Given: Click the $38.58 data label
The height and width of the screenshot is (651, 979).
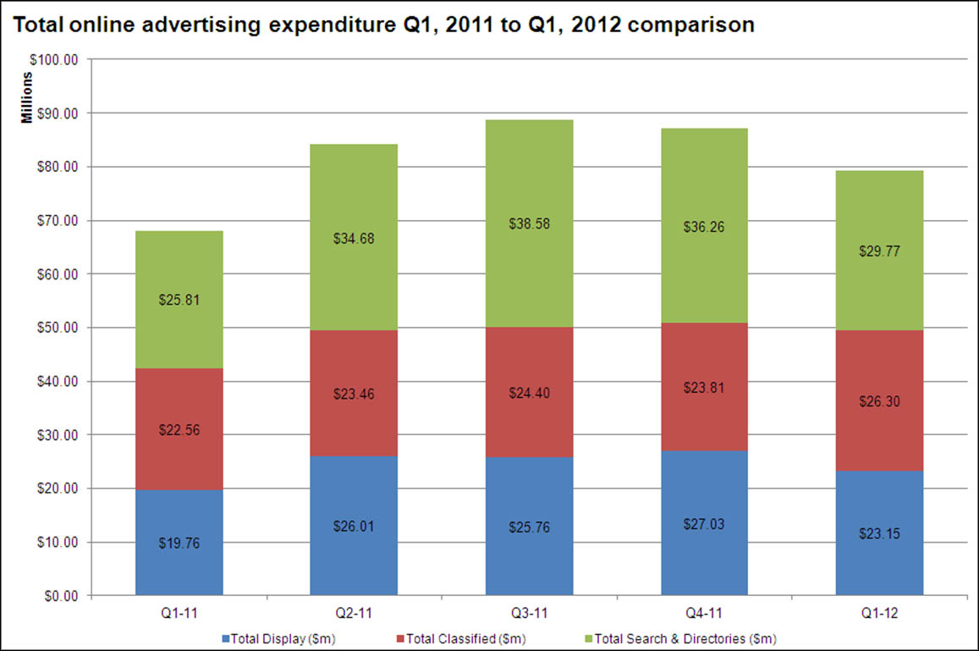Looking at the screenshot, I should click(x=529, y=224).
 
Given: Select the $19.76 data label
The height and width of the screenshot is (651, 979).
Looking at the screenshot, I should click(x=179, y=543).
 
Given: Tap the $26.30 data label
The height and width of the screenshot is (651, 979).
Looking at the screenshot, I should click(x=879, y=401).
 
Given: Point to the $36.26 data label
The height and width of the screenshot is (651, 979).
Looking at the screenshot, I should click(x=704, y=227).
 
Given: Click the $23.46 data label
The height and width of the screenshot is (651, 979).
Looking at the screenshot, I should click(x=354, y=394).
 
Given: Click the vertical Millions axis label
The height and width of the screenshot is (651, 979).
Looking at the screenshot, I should click(x=27, y=100).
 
